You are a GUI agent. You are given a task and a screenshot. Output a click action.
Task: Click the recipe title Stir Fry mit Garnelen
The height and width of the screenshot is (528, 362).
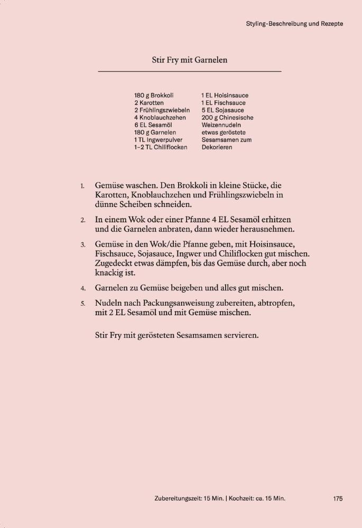click(x=190, y=60)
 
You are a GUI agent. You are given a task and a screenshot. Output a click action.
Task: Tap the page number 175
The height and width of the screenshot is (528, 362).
click(x=338, y=498)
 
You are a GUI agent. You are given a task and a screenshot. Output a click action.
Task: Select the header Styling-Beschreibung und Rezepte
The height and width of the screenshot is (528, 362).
click(x=295, y=24)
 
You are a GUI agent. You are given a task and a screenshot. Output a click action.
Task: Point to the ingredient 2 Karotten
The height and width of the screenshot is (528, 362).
click(x=149, y=103)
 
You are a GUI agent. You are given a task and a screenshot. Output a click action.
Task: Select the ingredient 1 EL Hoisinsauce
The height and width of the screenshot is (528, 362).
click(x=225, y=96)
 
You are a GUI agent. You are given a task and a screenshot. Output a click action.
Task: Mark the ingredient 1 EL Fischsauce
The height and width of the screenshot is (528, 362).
click(x=223, y=103)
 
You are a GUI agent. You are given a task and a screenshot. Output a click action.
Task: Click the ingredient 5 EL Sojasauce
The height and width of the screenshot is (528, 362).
click(x=222, y=110)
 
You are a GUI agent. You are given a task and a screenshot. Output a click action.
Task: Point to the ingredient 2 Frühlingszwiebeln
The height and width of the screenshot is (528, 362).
click(x=162, y=110)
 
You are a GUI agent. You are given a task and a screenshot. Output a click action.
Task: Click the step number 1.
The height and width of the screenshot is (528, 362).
click(x=82, y=186)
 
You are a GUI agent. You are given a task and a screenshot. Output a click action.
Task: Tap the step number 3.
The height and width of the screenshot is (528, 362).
click(x=82, y=246)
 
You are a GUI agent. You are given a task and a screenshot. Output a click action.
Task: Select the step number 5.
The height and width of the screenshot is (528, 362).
click(x=82, y=304)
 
